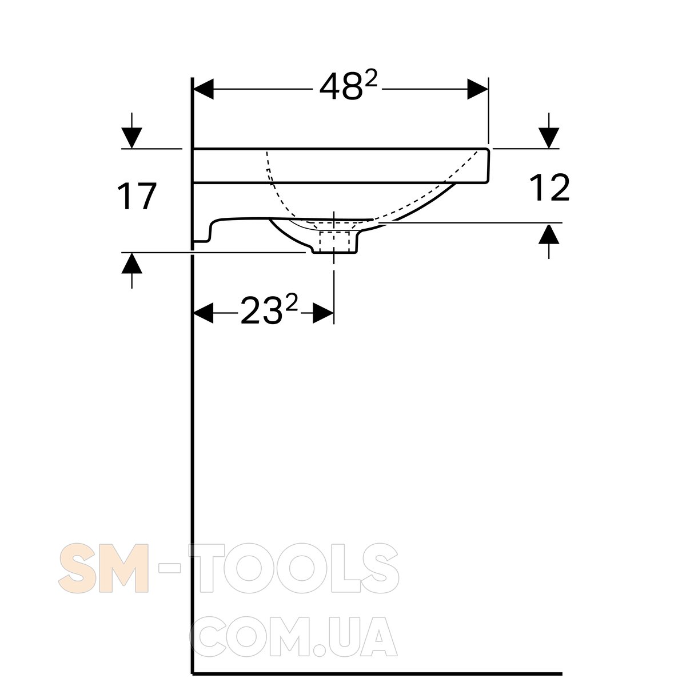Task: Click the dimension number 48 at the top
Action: (341, 87)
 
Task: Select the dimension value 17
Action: (137, 196)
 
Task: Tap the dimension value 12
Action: (549, 188)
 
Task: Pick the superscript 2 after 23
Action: (292, 304)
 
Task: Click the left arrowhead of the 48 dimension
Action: (204, 89)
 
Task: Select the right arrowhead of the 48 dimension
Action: (478, 89)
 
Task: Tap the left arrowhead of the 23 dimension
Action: (204, 313)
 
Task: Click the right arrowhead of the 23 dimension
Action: (323, 313)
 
